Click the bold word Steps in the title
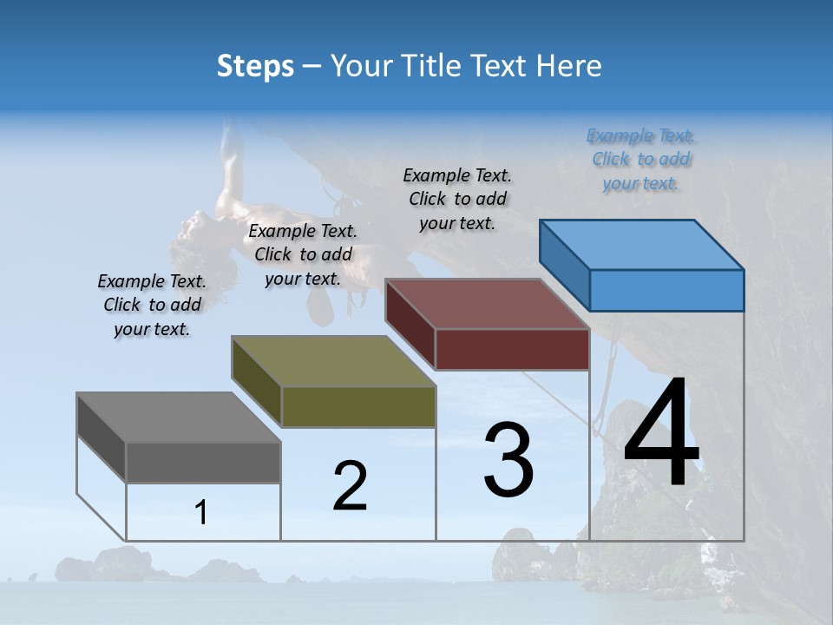point(255,66)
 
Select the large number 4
point(661,435)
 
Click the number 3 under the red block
point(508,460)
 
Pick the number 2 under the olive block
point(350,485)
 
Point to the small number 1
point(201,513)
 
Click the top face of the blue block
point(642,244)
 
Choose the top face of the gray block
point(179,418)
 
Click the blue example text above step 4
point(641,160)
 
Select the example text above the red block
point(457,199)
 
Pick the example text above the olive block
point(303,254)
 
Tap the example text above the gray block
point(152,306)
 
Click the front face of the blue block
point(666,290)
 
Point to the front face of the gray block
point(203,462)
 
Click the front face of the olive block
point(358,406)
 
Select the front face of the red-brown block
point(512,349)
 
